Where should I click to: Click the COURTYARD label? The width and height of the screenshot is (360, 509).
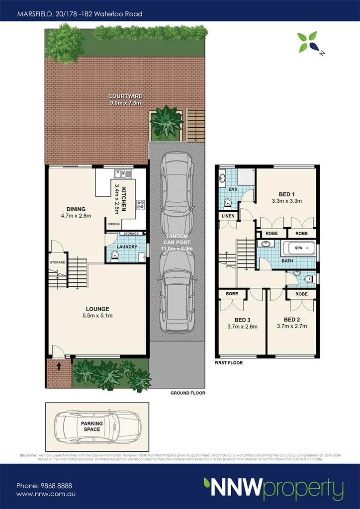(x=126, y=96)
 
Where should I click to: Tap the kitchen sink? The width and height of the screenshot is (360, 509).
(x=122, y=173)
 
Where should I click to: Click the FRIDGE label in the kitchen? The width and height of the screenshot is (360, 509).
(x=114, y=225)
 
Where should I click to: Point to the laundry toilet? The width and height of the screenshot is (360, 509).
(x=115, y=256)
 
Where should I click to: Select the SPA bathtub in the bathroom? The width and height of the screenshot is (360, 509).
(x=299, y=247)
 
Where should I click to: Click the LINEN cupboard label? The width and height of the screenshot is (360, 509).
(x=228, y=216)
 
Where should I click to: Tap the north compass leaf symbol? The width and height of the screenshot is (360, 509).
(x=307, y=42)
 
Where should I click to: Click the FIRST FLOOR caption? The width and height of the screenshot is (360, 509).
(x=229, y=363)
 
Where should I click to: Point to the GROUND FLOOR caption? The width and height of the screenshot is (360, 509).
(x=184, y=393)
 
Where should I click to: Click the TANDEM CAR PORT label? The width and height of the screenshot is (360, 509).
(x=177, y=242)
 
